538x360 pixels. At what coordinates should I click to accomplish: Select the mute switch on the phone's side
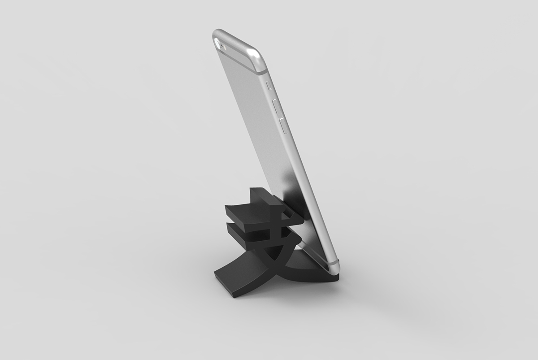coord(269,86)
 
